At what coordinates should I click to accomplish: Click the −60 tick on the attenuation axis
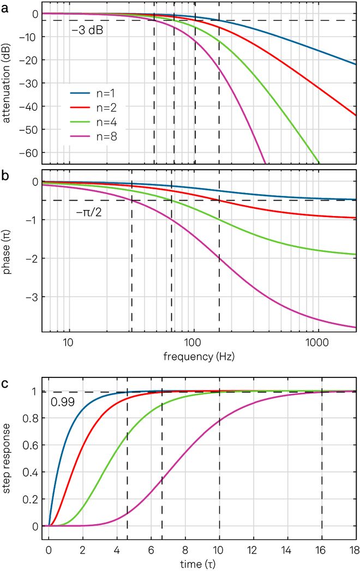[28, 152]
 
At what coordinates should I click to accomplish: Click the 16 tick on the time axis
[321, 549]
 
